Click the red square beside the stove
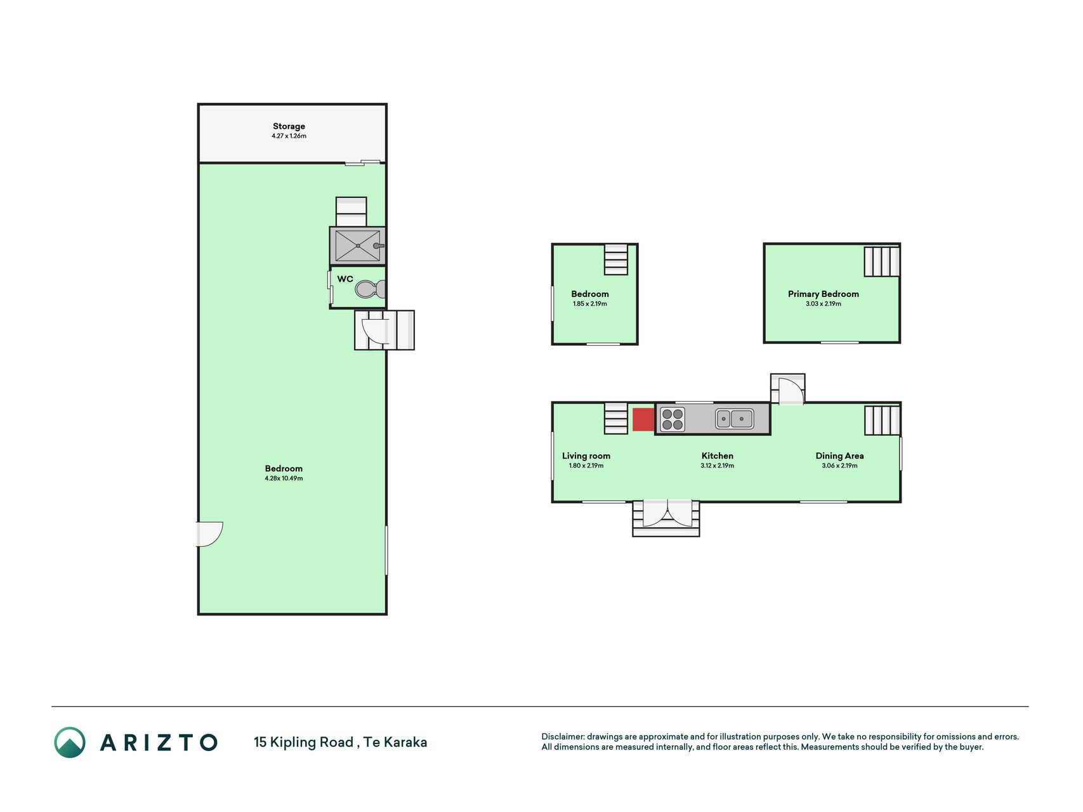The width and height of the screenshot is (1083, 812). [x=643, y=419]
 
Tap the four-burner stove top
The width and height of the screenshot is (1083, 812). [x=673, y=419]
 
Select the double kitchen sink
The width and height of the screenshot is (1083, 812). [x=735, y=419]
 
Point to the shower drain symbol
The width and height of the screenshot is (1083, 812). [x=358, y=246]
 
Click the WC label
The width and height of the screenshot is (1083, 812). [x=345, y=279]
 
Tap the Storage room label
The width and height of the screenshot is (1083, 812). [x=289, y=126]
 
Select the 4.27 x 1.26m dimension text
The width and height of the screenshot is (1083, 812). [x=289, y=136]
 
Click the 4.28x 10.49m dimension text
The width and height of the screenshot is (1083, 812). [x=284, y=478]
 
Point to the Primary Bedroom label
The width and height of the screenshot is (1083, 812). [x=824, y=294]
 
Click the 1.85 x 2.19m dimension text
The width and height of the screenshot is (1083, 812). [x=590, y=304]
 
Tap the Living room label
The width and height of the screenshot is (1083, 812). [x=586, y=455]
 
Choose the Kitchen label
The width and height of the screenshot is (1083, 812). [x=718, y=455]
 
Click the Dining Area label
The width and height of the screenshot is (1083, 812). [x=839, y=455]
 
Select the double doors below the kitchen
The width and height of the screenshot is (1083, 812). [x=667, y=513]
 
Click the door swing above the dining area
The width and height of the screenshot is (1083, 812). [x=791, y=391]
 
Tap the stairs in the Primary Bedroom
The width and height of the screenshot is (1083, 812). [x=882, y=261]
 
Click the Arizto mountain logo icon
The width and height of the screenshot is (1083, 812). [x=70, y=742]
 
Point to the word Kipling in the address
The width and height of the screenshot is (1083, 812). [x=312, y=742]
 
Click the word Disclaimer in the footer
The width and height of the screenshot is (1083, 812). [x=563, y=737]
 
